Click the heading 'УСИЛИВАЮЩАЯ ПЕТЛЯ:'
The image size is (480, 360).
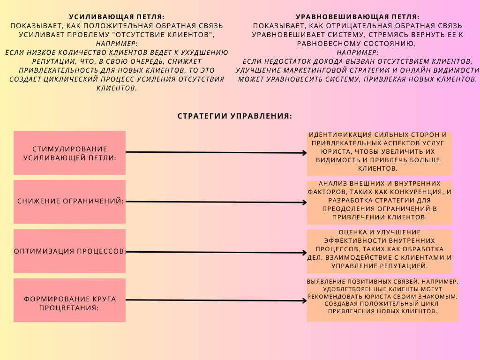click(x=117, y=17)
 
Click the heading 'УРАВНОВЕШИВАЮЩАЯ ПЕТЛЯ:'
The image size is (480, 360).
click(x=358, y=17)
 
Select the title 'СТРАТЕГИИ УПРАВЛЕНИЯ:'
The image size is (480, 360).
click(x=235, y=116)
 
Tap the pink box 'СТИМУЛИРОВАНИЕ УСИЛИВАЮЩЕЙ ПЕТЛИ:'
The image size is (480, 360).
click(x=69, y=153)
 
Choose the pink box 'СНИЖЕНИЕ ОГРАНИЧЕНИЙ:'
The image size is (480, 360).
click(x=69, y=202)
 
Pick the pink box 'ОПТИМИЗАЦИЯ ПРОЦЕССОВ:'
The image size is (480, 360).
click(x=69, y=251)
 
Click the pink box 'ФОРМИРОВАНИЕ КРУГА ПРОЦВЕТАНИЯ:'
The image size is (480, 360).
click(x=69, y=300)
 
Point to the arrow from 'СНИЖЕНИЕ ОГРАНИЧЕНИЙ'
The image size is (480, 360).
click(x=216, y=202)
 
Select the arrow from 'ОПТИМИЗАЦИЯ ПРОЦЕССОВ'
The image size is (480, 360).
click(x=216, y=252)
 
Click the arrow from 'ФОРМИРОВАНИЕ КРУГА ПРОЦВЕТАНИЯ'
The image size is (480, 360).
click(x=216, y=300)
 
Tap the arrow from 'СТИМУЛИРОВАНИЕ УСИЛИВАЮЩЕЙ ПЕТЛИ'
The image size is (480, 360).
click(x=216, y=152)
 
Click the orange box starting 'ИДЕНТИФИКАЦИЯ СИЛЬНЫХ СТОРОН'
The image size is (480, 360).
click(x=379, y=153)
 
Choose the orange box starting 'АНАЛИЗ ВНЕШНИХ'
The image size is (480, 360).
click(x=379, y=202)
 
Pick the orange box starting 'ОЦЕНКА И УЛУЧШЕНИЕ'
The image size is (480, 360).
click(x=379, y=251)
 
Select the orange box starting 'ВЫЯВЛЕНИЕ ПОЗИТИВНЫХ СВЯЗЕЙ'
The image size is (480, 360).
click(x=382, y=299)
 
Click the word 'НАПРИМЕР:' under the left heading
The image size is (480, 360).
click(x=116, y=44)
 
